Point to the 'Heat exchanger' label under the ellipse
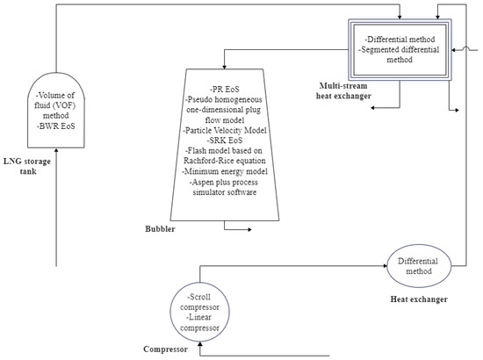pos(418,300)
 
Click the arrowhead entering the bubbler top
pos(224,66)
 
